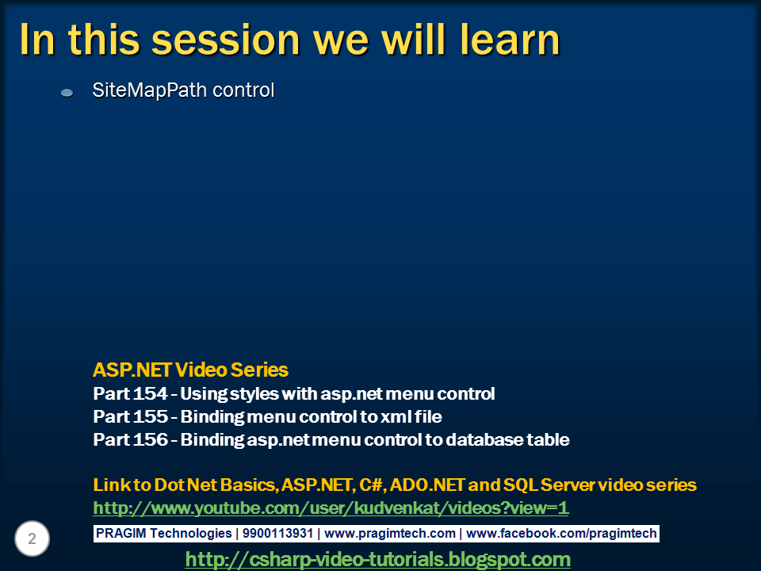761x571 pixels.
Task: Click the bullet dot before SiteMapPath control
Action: pos(67,93)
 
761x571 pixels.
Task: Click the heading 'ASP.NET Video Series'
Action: pos(190,370)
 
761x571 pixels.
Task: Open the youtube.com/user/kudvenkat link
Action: pos(331,508)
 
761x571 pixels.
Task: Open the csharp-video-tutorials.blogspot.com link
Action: pos(377,559)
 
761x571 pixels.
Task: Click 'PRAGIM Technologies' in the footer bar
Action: pos(164,534)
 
